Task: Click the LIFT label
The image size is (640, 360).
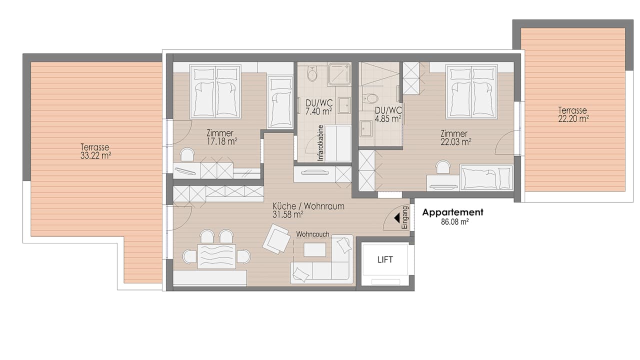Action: [x=385, y=259]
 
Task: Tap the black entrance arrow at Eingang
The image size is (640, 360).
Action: [x=397, y=218]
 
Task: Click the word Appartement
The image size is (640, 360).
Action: [x=453, y=212]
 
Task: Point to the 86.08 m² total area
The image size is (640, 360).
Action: [x=454, y=221]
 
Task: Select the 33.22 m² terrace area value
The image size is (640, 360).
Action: [x=95, y=155]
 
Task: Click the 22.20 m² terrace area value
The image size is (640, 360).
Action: [x=573, y=119]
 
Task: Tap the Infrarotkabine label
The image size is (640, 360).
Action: [x=320, y=143]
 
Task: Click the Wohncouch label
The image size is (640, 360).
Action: [x=312, y=234]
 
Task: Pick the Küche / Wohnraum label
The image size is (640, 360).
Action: [x=308, y=206]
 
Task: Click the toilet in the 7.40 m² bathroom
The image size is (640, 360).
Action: [x=312, y=73]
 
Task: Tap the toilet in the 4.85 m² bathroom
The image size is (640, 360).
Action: [x=371, y=98]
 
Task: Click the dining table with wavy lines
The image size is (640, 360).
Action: [x=216, y=256]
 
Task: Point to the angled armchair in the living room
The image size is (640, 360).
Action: [x=275, y=239]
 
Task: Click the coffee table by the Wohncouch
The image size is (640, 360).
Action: [x=314, y=249]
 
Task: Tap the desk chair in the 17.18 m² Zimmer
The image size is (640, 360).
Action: [x=187, y=154]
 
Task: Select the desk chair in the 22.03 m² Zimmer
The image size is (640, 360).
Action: [x=442, y=167]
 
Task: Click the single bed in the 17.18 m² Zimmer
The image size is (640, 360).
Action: [x=280, y=101]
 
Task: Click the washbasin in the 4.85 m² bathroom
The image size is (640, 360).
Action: [x=366, y=129]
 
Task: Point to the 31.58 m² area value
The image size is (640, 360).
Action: [x=287, y=214]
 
